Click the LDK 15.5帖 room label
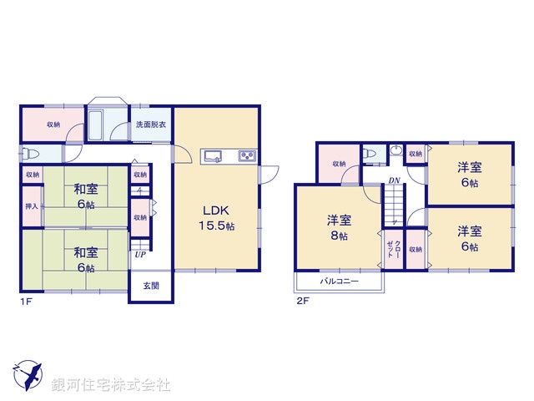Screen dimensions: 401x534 click(x=216, y=217)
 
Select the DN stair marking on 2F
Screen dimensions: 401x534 click(x=391, y=180)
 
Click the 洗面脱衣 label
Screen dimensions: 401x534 click(x=151, y=124)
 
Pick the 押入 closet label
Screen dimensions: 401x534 click(x=32, y=206)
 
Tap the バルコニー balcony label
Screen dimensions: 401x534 click(x=339, y=282)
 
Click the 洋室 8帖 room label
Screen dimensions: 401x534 click(x=338, y=228)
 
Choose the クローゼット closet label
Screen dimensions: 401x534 click(x=391, y=248)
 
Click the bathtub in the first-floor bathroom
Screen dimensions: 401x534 click(x=95, y=128)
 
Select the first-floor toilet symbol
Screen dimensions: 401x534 click(x=32, y=154)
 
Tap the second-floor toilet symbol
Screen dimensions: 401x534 click(x=370, y=154)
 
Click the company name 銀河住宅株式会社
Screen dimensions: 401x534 click(x=111, y=385)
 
